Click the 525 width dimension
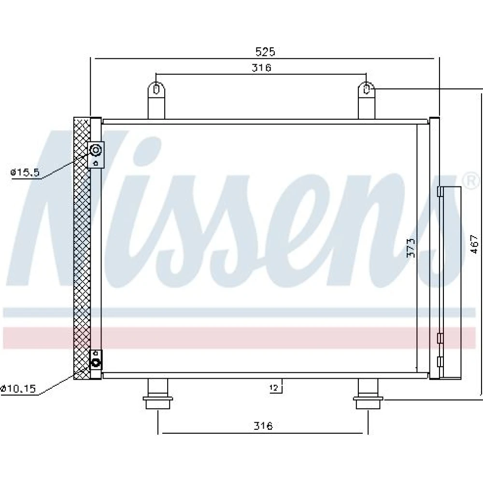265,52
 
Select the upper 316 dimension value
261,68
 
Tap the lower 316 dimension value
263,426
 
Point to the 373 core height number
411,248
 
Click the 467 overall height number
474,244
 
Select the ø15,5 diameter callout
25,172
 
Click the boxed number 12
274,388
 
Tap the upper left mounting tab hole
156,89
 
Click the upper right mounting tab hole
366,89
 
